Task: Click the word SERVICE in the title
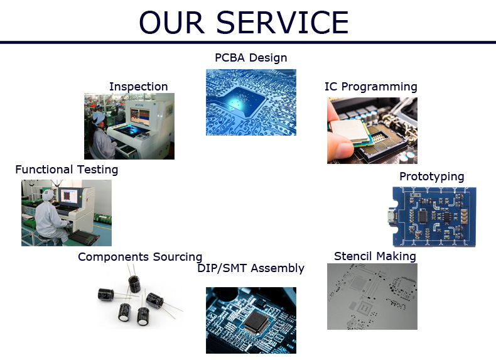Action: click(x=282, y=22)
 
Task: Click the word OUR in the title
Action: click(x=172, y=22)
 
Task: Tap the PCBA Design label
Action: click(x=251, y=58)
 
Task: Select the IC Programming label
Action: click(x=370, y=87)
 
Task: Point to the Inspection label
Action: click(x=139, y=87)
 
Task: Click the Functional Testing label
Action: click(x=67, y=170)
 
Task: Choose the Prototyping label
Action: click(x=432, y=177)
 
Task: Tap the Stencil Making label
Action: click(x=375, y=256)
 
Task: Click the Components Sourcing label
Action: click(x=140, y=257)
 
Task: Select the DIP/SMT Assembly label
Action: click(x=251, y=268)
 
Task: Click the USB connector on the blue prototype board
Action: click(x=391, y=217)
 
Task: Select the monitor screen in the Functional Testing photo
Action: click(x=68, y=196)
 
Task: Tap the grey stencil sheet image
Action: click(x=372, y=297)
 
